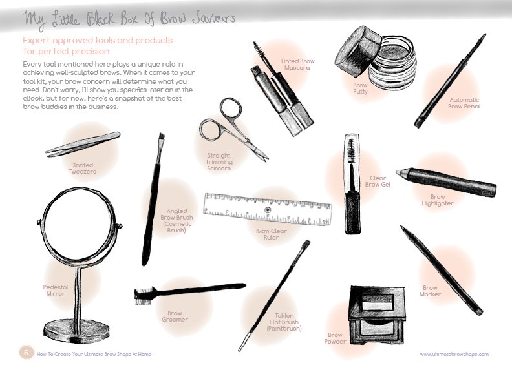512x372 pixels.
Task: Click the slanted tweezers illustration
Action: click(83, 144)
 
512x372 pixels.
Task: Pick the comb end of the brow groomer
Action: click(143, 296)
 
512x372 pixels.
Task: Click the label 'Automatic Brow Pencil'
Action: click(465, 102)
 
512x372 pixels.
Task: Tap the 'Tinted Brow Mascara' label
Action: click(297, 64)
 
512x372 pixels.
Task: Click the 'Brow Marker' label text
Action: click(431, 291)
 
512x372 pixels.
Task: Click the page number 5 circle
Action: click(26, 353)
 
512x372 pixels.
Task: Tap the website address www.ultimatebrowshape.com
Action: click(454, 354)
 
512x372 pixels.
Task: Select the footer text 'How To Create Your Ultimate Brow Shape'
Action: click(94, 354)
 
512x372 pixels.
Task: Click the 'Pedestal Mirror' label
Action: click(55, 289)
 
